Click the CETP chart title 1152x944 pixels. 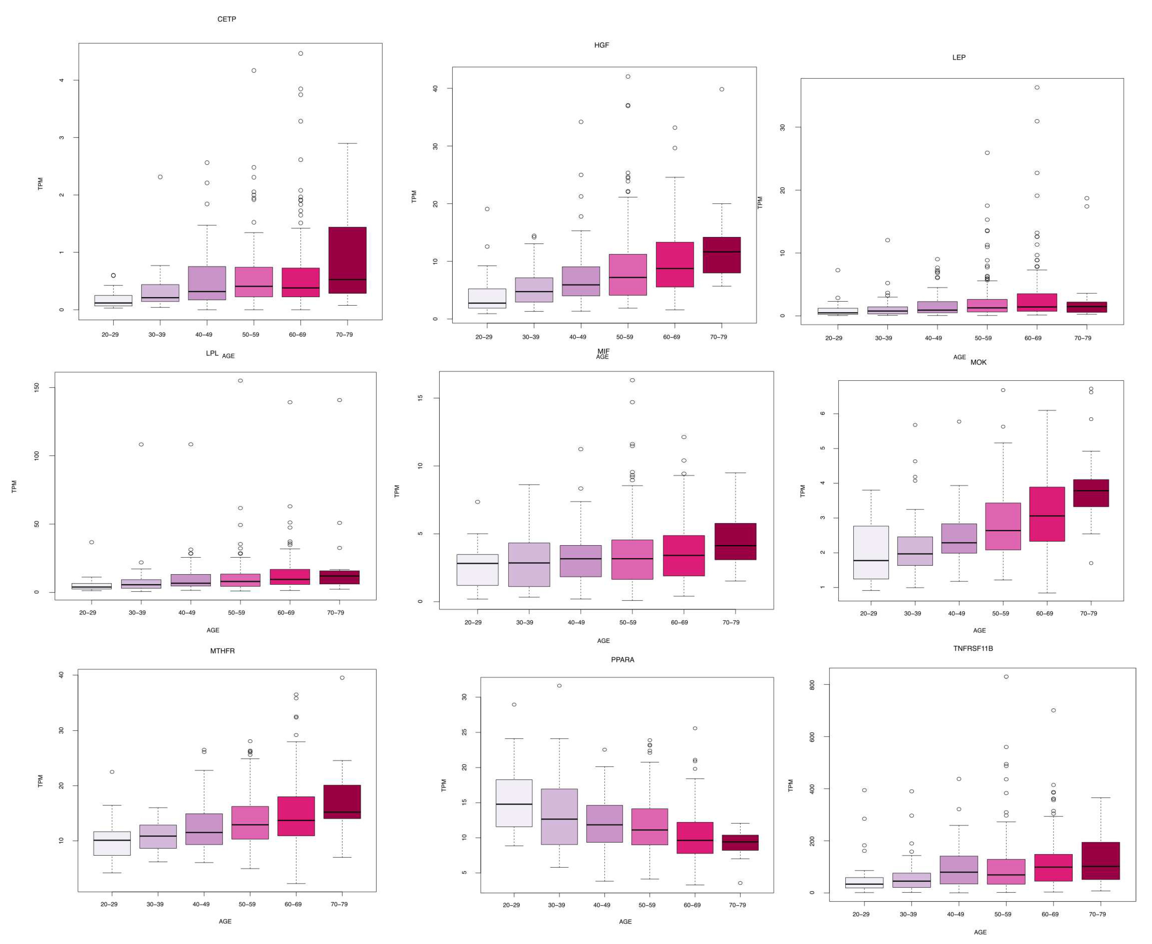227,19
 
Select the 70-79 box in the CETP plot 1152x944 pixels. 347,260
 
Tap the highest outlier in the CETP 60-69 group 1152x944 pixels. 301,53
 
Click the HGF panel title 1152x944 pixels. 601,45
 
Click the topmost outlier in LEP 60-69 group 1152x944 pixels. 1037,88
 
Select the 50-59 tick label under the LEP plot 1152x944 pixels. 983,338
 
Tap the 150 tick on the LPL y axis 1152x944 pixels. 37,387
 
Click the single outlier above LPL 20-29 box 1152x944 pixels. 92,542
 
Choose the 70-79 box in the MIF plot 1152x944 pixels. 735,541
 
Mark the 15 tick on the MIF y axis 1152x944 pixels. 420,398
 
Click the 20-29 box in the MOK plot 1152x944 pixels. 871,552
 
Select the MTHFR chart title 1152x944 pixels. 222,651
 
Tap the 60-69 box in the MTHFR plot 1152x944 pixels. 296,816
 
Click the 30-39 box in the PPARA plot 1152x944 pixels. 559,817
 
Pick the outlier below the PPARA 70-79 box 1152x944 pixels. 740,883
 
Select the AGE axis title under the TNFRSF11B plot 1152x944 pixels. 980,932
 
